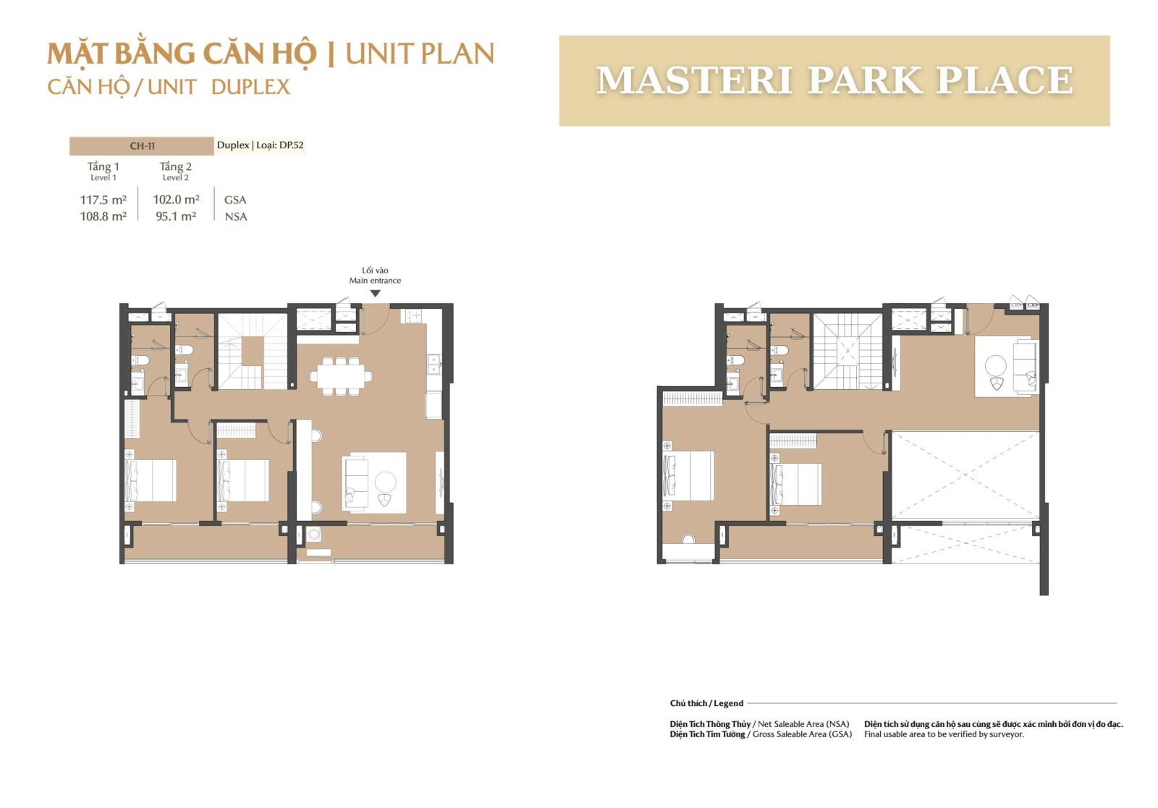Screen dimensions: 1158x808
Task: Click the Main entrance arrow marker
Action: pyautogui.click(x=376, y=294)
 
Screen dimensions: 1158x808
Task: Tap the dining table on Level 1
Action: pyautogui.click(x=341, y=376)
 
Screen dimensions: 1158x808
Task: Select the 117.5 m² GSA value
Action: pyautogui.click(x=103, y=200)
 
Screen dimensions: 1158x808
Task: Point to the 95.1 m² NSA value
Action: pyautogui.click(x=176, y=216)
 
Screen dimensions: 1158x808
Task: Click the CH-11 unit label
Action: pyautogui.click(x=142, y=146)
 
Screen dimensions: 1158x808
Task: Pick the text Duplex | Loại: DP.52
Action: pyautogui.click(x=260, y=145)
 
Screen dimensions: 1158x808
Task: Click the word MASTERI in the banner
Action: pyautogui.click(x=694, y=80)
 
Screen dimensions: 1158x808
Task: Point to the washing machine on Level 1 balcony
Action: pyautogui.click(x=314, y=534)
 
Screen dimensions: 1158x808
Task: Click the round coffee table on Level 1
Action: pyautogui.click(x=386, y=482)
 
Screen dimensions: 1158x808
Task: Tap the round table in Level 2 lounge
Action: pyautogui.click(x=996, y=366)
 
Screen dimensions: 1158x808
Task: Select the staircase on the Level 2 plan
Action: pyautogui.click(x=848, y=352)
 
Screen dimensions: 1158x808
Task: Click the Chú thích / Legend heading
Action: pyautogui.click(x=706, y=703)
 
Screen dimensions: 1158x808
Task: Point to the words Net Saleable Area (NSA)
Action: pyautogui.click(x=803, y=724)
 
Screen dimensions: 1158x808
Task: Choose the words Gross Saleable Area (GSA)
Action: pyautogui.click(x=803, y=734)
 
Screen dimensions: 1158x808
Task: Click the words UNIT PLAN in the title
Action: pyautogui.click(x=420, y=54)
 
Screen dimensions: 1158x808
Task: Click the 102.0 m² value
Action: pyautogui.click(x=177, y=200)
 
